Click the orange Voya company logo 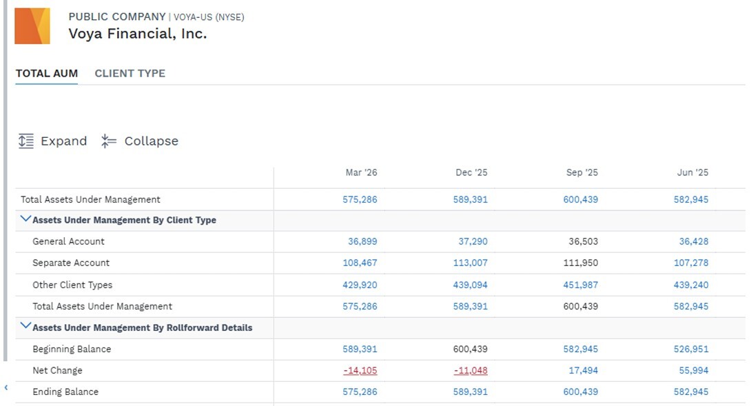32,26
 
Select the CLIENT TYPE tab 130,73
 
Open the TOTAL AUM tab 46,73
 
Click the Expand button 52,141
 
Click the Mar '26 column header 361,172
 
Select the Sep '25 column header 582,172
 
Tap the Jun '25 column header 692,172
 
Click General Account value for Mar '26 362,241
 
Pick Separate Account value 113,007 471,263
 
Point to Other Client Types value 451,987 581,285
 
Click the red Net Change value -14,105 360,371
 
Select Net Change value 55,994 694,371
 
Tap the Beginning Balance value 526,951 691,349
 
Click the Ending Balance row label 65,392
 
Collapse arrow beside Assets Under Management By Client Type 26,219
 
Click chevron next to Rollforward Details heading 26,327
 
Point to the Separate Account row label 71,263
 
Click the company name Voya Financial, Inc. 138,34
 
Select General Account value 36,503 584,241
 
